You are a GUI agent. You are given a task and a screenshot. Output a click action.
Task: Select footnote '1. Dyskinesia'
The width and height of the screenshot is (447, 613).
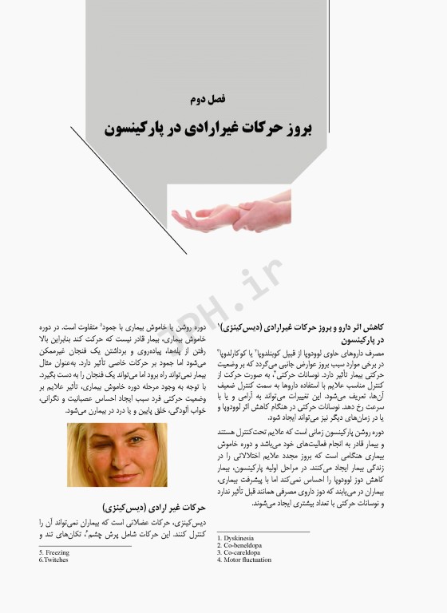[239, 539]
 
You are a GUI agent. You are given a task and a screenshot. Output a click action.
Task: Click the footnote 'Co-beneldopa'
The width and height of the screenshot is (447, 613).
[243, 546]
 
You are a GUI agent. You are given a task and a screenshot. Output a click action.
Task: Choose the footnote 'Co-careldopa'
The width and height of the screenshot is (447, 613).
[242, 553]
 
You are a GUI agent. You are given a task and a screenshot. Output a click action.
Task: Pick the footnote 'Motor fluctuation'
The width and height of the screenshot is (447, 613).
[248, 560]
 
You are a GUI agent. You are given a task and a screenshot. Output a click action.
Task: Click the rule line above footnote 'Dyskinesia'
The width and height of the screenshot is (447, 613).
[263, 532]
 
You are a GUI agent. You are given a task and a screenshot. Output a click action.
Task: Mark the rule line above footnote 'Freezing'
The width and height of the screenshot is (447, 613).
[85, 546]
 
